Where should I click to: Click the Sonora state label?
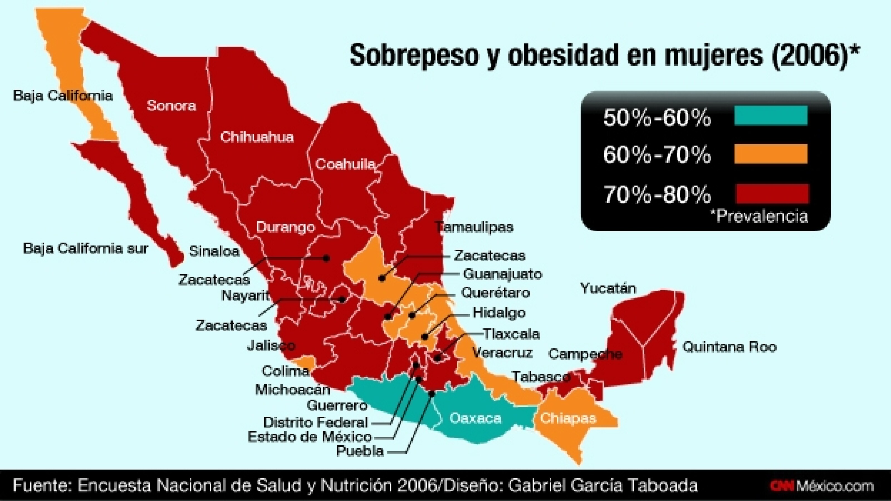(x=171, y=105)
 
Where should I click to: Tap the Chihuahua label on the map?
(x=257, y=137)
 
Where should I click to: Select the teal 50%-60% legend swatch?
(x=771, y=116)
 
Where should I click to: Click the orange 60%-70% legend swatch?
(x=771, y=154)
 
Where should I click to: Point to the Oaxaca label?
(x=475, y=419)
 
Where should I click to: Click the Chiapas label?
(x=568, y=418)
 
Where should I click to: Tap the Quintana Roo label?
(x=730, y=347)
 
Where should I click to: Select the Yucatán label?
(x=608, y=288)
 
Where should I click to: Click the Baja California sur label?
(x=85, y=248)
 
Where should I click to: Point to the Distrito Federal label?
(x=315, y=422)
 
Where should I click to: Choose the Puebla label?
(x=360, y=451)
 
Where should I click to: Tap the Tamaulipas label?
(x=474, y=227)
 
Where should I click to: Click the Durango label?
(x=285, y=227)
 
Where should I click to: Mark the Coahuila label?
(x=345, y=164)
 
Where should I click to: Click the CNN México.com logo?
(x=822, y=486)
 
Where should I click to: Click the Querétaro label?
(x=495, y=293)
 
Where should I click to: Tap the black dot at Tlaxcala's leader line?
(x=437, y=358)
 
